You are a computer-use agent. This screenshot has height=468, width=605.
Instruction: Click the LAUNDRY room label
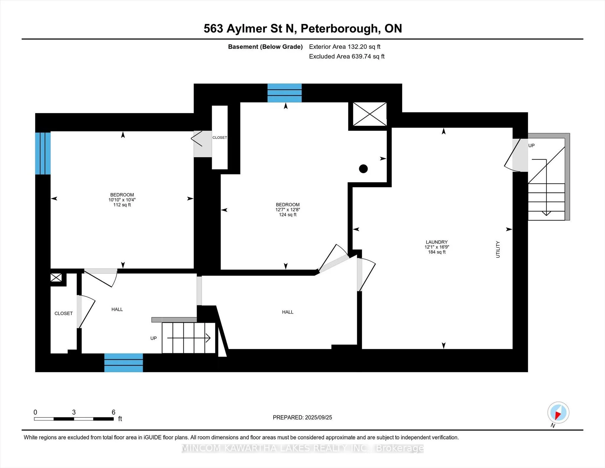click(x=437, y=242)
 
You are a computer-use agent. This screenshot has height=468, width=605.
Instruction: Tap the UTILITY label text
click(x=498, y=250)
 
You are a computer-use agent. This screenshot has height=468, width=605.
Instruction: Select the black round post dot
click(x=363, y=169)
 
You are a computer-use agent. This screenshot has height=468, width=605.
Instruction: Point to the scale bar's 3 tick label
click(x=74, y=412)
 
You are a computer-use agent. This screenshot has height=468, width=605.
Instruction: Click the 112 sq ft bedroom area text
click(x=122, y=205)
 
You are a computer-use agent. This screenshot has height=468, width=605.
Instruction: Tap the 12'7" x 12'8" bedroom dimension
click(x=288, y=210)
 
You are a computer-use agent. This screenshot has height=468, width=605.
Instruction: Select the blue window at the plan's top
click(x=284, y=93)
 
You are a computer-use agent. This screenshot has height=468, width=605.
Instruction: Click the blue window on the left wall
click(x=43, y=153)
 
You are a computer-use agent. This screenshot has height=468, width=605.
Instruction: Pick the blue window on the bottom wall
click(x=123, y=363)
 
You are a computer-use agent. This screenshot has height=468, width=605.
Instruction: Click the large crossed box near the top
click(x=370, y=114)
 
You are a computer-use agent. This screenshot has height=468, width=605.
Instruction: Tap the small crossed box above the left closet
click(x=56, y=277)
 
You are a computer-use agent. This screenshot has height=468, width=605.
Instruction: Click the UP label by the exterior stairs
click(x=531, y=145)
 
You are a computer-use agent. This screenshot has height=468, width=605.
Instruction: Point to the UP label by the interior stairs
click(x=154, y=338)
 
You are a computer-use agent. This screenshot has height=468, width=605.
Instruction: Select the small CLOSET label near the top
click(x=220, y=137)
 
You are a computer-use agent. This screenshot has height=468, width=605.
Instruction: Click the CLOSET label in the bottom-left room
click(x=64, y=313)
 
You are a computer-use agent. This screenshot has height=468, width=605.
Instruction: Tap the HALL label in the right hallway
click(x=288, y=312)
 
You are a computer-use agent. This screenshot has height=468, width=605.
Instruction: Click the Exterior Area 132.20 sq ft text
click(x=345, y=47)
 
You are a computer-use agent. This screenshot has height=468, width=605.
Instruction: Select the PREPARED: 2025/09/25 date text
click(x=302, y=417)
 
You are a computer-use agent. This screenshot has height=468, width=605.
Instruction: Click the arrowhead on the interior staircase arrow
click(x=208, y=338)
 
